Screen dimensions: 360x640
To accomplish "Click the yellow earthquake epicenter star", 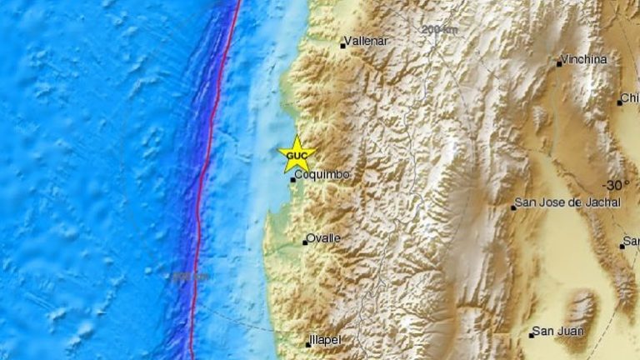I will [x=297, y=154].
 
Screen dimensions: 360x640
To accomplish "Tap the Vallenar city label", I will [x=368, y=39].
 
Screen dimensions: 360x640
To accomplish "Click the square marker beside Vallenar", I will [x=342, y=46].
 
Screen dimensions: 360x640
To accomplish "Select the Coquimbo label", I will [x=322, y=174].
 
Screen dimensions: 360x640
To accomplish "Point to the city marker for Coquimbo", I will [x=292, y=179].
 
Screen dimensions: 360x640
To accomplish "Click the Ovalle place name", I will [x=323, y=238].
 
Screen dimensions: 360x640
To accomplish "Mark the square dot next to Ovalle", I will [x=305, y=242].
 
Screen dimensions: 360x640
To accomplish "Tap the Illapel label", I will [x=326, y=341].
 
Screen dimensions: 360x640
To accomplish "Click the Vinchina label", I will [x=583, y=59].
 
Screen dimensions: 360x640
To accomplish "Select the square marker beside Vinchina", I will [x=559, y=63].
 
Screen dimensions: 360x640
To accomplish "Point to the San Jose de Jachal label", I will [x=567, y=202].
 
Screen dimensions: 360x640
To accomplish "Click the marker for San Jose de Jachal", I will [x=513, y=207].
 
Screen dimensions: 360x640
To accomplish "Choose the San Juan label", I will [x=560, y=331].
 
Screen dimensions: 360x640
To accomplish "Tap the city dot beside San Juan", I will [x=531, y=335].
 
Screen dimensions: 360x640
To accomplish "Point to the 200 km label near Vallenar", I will [x=439, y=29].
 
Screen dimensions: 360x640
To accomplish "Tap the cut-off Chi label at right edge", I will [x=631, y=98].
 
